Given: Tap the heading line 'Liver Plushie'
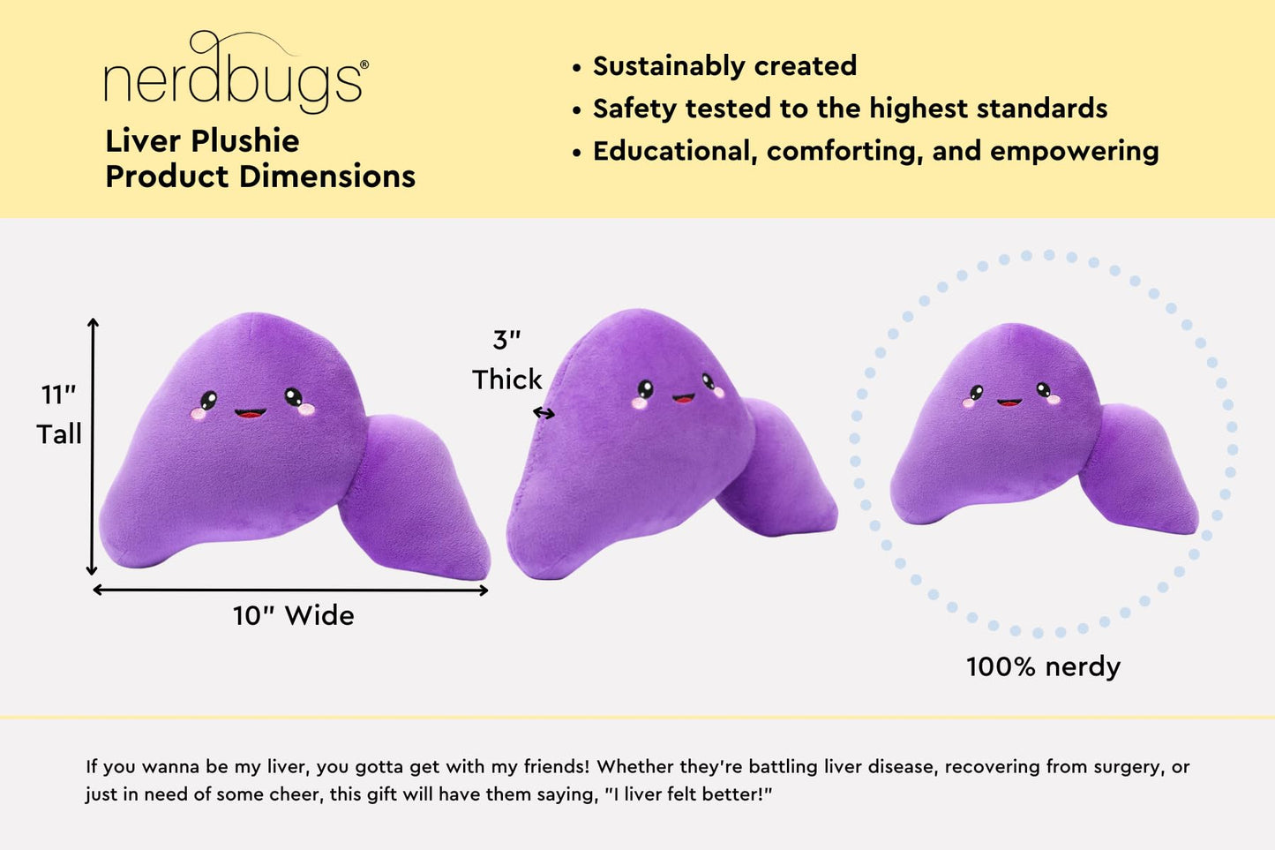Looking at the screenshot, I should (202, 141).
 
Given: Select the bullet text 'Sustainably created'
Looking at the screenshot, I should (724, 66).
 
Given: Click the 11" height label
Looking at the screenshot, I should (58, 395).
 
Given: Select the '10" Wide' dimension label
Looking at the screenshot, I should (293, 615).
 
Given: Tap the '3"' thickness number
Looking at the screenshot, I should (506, 340).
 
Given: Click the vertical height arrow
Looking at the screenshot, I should (93, 447).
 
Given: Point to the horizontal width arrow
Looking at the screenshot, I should (290, 590).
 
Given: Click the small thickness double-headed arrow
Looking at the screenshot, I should (544, 412).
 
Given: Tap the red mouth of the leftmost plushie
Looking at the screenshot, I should (250, 412).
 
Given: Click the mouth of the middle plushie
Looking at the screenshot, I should (683, 398).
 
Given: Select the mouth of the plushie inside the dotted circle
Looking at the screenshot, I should (1009, 402).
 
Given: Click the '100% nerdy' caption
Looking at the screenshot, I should (1043, 666).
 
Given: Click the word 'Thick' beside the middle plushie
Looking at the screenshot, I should (506, 380).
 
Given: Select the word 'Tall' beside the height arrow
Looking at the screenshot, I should (58, 434).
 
